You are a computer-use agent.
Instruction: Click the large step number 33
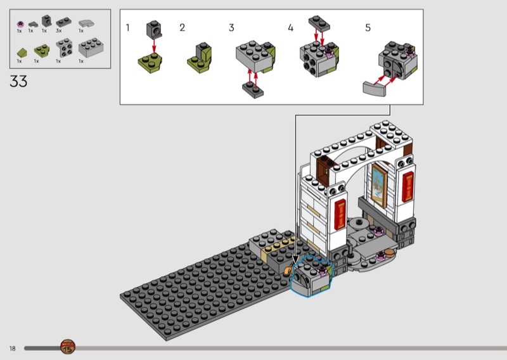click(18, 81)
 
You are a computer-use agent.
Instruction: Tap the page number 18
click(12, 349)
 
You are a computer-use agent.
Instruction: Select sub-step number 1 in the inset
click(128, 28)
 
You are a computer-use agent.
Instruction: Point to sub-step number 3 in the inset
click(231, 28)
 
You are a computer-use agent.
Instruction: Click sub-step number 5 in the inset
click(368, 28)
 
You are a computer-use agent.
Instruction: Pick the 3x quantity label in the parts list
click(58, 30)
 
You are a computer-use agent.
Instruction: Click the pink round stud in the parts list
click(20, 24)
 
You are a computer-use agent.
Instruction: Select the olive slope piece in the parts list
click(22, 53)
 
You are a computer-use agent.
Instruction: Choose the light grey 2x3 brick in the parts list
click(91, 48)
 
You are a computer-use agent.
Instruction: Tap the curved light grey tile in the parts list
click(86, 23)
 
